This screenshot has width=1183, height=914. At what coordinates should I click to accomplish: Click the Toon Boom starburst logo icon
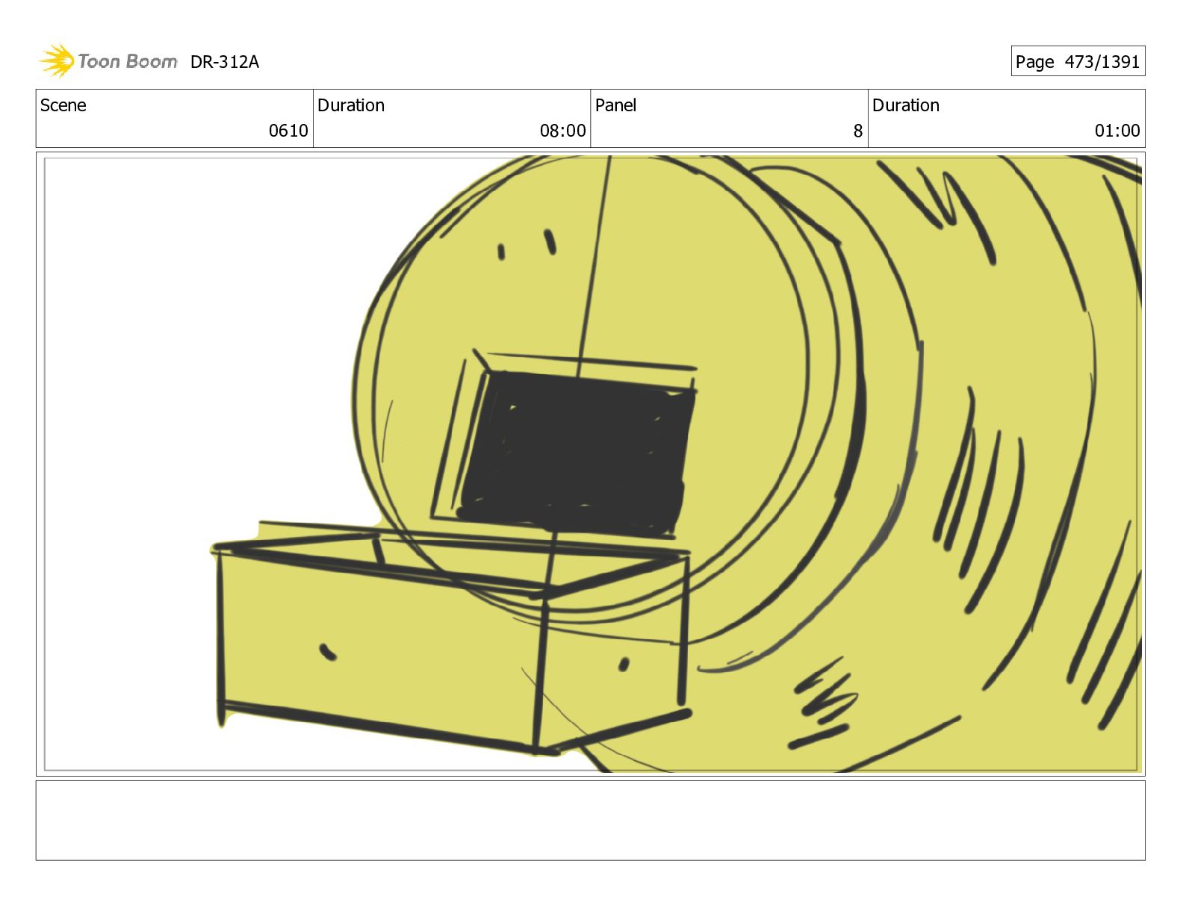57,60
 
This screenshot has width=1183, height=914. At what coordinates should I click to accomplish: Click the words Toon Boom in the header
128,61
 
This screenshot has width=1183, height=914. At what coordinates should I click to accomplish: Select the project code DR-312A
224,62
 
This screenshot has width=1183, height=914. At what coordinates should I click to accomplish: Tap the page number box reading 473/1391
1078,61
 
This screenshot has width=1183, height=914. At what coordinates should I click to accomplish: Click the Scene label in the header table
63,105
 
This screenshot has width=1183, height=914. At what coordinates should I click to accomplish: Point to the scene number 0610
288,131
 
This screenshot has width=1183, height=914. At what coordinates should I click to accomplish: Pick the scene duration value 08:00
562,131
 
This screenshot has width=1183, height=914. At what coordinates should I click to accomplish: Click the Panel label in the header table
615,105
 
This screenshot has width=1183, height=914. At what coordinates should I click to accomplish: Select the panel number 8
857,131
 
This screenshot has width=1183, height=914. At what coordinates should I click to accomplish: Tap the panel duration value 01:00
1117,131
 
